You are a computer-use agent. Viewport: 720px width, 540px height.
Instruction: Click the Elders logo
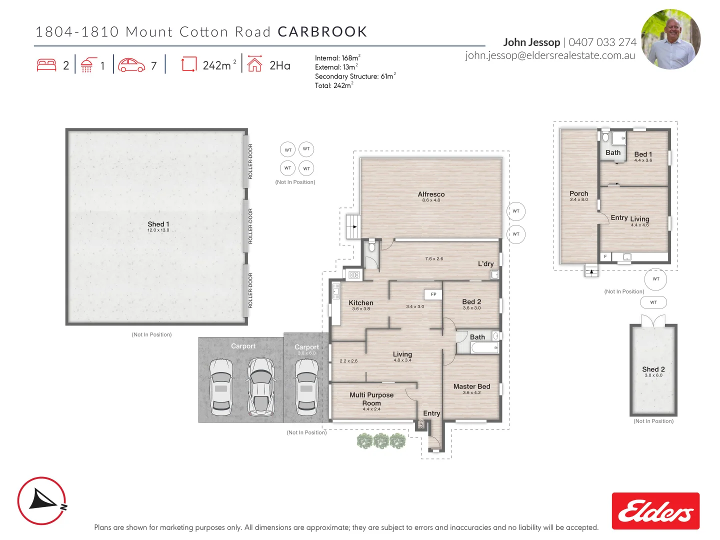655,510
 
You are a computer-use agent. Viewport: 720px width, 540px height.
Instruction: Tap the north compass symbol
42,500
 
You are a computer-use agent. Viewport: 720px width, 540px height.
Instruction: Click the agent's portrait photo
670,39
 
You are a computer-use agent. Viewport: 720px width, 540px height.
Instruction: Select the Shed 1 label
158,224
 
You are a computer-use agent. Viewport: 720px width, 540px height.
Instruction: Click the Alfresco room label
431,194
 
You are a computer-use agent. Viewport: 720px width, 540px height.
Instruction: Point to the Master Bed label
471,386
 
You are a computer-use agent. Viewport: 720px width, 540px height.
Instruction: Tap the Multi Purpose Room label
371,399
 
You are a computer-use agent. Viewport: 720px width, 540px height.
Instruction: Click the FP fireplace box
433,294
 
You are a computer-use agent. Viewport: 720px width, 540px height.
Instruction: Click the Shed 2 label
653,369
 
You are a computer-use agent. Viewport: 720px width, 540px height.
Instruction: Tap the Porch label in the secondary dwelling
578,193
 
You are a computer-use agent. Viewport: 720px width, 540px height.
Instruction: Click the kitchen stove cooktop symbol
354,274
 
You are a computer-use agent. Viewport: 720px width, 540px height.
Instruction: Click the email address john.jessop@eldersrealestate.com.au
550,55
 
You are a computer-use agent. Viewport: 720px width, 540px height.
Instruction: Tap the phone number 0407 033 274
602,42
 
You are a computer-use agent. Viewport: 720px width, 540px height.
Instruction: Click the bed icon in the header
46,65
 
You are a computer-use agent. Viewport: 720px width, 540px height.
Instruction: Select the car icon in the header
131,65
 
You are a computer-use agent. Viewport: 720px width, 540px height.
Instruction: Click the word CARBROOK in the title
322,32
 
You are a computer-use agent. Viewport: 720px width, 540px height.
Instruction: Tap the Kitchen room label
360,303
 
